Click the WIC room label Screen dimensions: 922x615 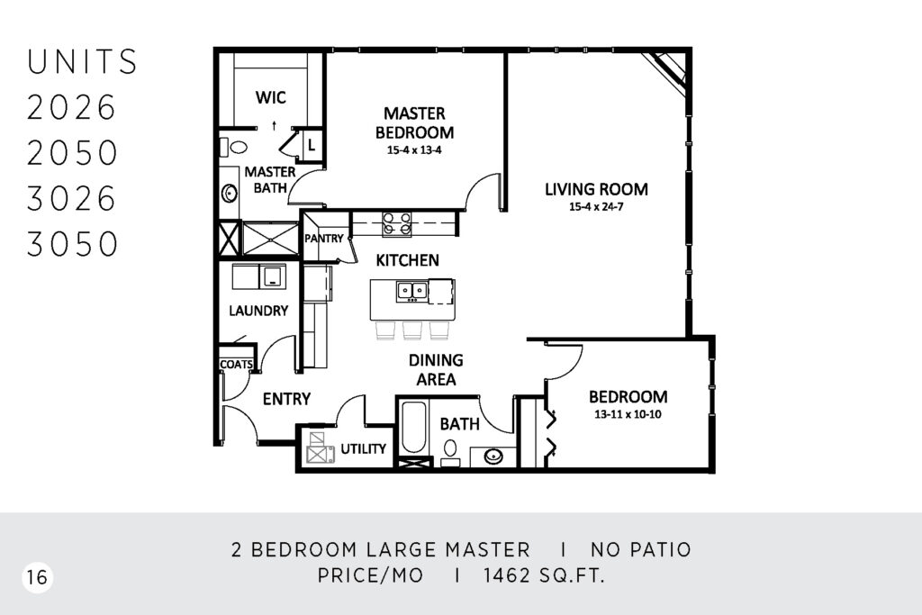click(271, 97)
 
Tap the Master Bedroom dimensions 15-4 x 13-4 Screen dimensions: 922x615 click(414, 150)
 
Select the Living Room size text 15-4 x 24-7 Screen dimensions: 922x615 click(596, 206)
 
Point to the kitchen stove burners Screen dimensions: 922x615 click(397, 224)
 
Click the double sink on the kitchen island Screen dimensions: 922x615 click(411, 291)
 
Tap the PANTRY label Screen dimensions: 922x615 click(323, 238)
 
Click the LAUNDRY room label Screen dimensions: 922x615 click(258, 311)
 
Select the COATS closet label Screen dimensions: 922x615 click(237, 365)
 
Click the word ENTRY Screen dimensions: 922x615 click(286, 399)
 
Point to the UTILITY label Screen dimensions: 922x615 click(364, 448)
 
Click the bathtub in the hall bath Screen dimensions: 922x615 click(414, 428)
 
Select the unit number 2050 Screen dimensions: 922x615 click(72, 152)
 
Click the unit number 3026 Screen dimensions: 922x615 click(71, 198)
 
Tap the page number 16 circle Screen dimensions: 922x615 click(37, 577)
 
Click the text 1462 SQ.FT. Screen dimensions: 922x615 click(544, 575)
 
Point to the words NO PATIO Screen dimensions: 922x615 click(641, 550)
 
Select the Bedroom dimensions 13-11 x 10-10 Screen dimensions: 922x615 click(628, 414)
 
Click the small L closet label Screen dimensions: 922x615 click(312, 144)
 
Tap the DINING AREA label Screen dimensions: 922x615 click(436, 370)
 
